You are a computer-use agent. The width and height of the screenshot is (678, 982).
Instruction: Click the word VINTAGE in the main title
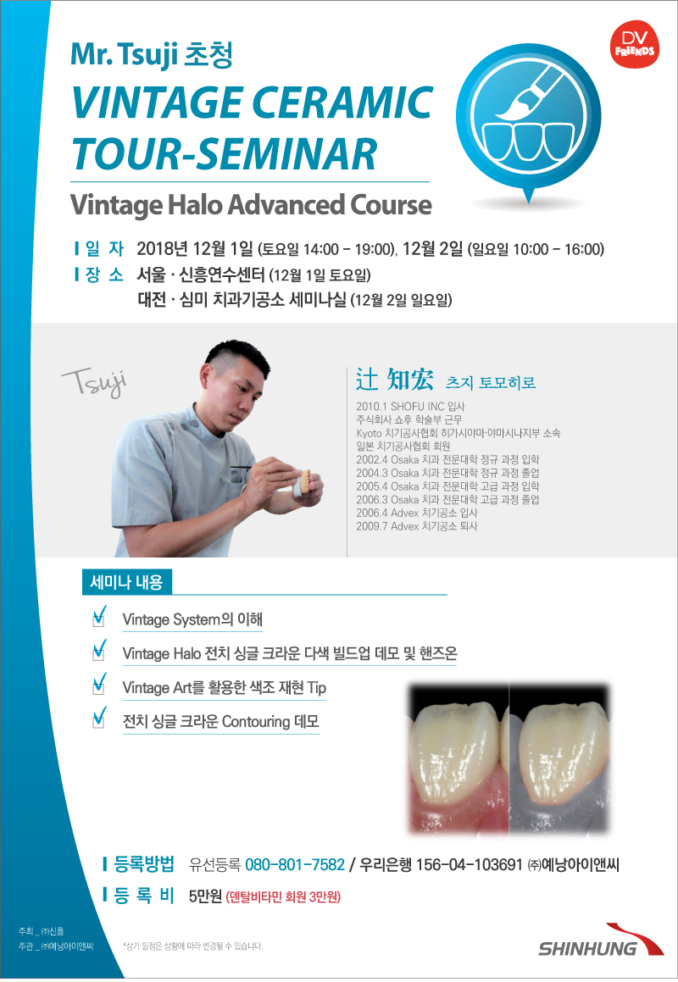point(158,103)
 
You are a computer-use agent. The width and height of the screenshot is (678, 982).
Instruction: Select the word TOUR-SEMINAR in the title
point(225,153)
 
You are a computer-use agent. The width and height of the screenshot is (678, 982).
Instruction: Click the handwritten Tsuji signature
point(95,381)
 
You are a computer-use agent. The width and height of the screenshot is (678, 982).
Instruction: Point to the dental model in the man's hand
point(304,481)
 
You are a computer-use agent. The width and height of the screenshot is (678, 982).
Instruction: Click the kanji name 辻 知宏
point(395,380)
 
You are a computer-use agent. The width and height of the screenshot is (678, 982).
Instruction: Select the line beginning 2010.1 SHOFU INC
point(410,407)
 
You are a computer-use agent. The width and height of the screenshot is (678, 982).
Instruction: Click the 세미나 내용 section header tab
point(126,582)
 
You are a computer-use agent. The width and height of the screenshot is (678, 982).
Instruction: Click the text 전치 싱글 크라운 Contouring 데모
point(220,722)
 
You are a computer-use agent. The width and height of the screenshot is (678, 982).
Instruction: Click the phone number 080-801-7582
point(295,865)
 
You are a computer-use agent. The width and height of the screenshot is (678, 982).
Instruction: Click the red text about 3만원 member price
point(283,896)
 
